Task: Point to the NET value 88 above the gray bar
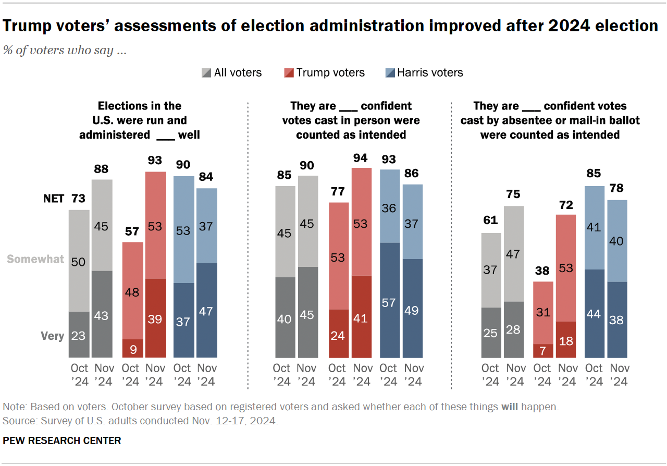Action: tap(102, 168)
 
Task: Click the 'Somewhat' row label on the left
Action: tap(36, 259)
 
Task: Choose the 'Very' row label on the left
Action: tap(53, 336)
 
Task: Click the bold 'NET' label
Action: tap(53, 199)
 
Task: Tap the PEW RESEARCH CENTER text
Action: tap(62, 440)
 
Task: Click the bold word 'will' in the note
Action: tap(509, 407)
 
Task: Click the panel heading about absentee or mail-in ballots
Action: tap(550, 120)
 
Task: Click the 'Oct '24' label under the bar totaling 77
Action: tap(337, 375)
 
